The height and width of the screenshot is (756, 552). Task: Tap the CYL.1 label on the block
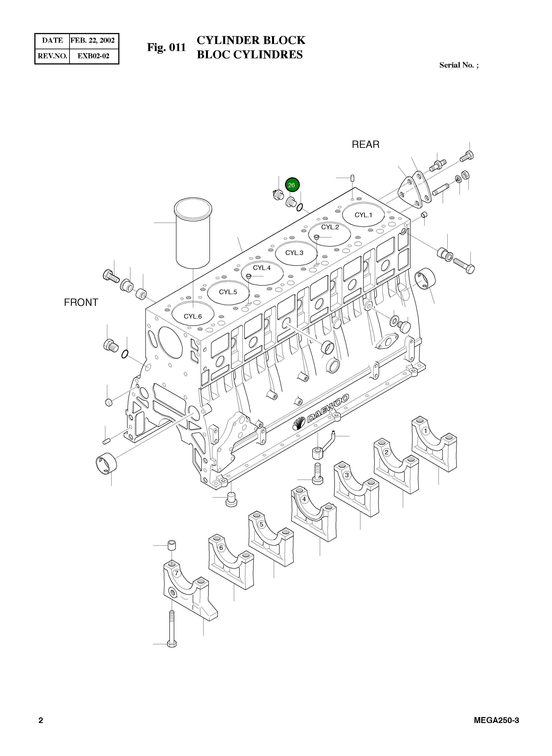[x=363, y=215]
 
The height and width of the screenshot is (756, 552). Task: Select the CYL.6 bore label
[x=193, y=316]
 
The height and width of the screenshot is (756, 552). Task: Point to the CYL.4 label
[x=262, y=268]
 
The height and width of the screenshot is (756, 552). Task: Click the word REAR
[x=366, y=145]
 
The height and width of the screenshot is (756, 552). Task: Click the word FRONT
[x=81, y=302]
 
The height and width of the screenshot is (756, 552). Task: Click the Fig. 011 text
[x=166, y=47]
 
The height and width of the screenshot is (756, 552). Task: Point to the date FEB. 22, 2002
[x=93, y=40]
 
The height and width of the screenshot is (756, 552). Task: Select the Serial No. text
[x=458, y=65]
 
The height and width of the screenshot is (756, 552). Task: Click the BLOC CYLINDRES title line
[x=250, y=54]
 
